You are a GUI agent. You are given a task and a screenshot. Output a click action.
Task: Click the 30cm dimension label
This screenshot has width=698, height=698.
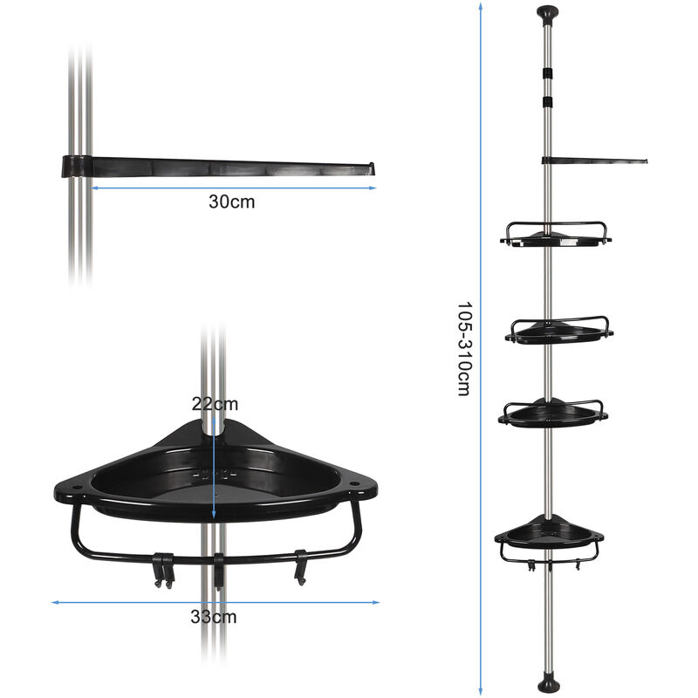(231, 202)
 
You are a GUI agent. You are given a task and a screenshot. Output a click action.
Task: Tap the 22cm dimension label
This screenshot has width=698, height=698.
(215, 404)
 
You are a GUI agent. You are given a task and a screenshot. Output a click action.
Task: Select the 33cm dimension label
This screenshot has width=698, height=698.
(214, 617)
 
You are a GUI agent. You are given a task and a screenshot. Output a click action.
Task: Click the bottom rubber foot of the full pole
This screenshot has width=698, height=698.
(548, 684)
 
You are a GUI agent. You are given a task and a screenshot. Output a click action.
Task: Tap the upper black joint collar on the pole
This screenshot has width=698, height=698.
(548, 72)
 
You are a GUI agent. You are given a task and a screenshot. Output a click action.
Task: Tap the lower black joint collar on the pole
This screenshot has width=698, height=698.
(548, 102)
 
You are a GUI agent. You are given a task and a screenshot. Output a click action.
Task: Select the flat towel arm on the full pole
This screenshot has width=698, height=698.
(594, 161)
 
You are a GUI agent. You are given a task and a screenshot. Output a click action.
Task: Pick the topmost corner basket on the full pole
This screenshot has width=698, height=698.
(556, 235)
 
